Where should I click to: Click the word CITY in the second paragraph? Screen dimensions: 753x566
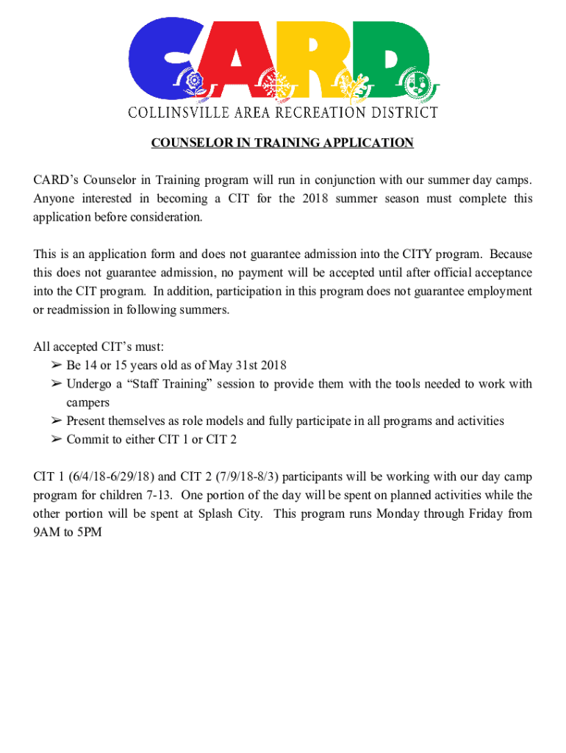(418, 254)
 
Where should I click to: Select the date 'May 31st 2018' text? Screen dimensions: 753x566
(248, 365)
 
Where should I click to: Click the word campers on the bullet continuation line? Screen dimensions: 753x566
(87, 402)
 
